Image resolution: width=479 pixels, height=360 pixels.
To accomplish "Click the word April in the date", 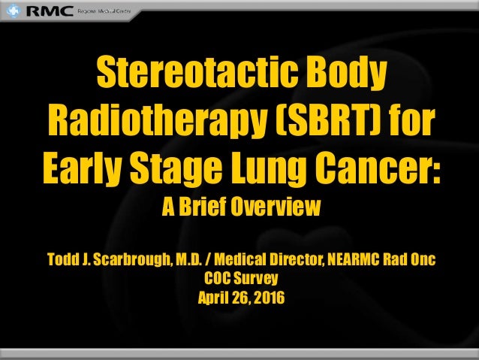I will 212,295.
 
